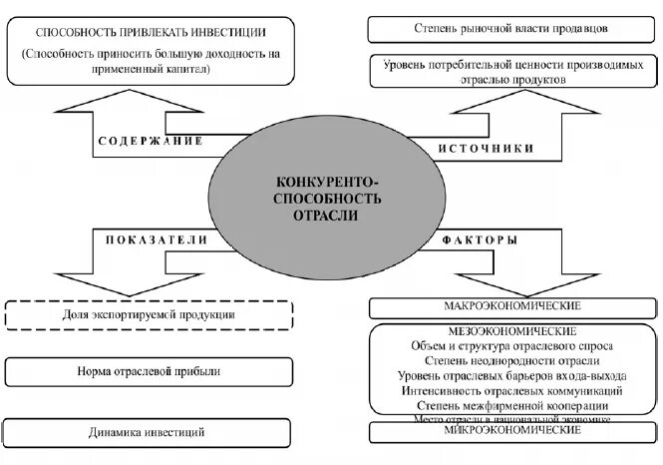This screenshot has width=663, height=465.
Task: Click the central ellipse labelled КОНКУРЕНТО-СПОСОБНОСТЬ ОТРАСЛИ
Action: (x=328, y=199)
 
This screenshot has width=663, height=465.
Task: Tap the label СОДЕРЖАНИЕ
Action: (x=151, y=141)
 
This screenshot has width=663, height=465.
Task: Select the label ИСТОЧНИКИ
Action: (x=486, y=148)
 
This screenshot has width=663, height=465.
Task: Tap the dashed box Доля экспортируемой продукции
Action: (x=149, y=314)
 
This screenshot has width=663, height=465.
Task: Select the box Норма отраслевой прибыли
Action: (x=149, y=371)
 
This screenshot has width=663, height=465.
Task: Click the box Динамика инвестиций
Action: (x=149, y=432)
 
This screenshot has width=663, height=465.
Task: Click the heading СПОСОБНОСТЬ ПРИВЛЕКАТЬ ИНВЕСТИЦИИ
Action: (x=150, y=30)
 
